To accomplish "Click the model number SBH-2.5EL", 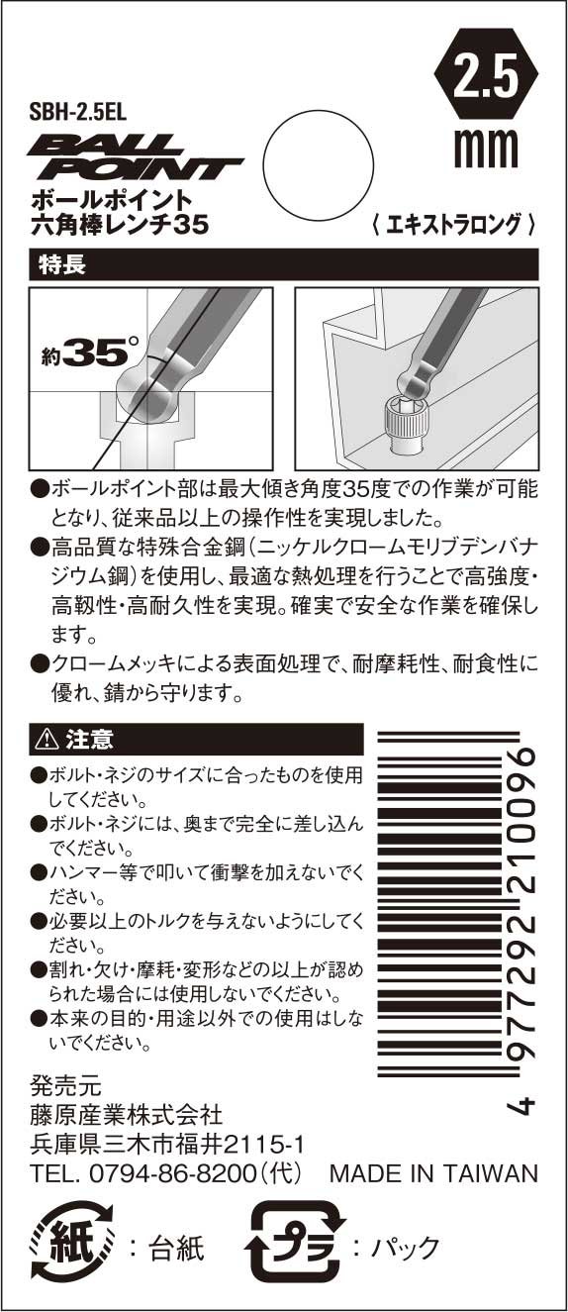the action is click(x=78, y=111).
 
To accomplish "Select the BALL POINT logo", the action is click(x=134, y=157).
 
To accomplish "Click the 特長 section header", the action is click(x=62, y=263).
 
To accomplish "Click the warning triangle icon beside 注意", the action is click(x=47, y=740).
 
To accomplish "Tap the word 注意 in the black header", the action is click(x=89, y=739).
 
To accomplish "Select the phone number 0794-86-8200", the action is click(x=173, y=1172).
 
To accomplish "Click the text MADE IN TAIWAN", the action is click(x=433, y=1173).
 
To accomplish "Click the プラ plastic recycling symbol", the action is click(x=295, y=1247).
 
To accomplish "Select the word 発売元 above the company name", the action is click(x=65, y=1087).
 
